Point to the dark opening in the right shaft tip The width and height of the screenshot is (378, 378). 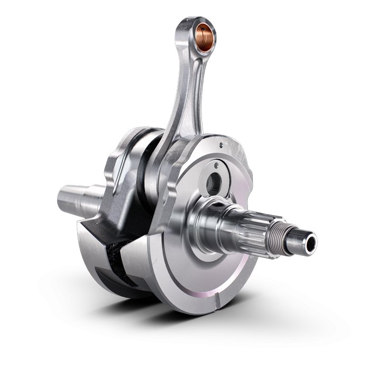pos(310,243)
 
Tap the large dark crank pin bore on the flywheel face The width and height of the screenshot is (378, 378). pos(214,182)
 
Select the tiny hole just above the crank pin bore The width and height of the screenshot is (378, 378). pos(217,165)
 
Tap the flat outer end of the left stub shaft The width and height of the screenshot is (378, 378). pos(61,197)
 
